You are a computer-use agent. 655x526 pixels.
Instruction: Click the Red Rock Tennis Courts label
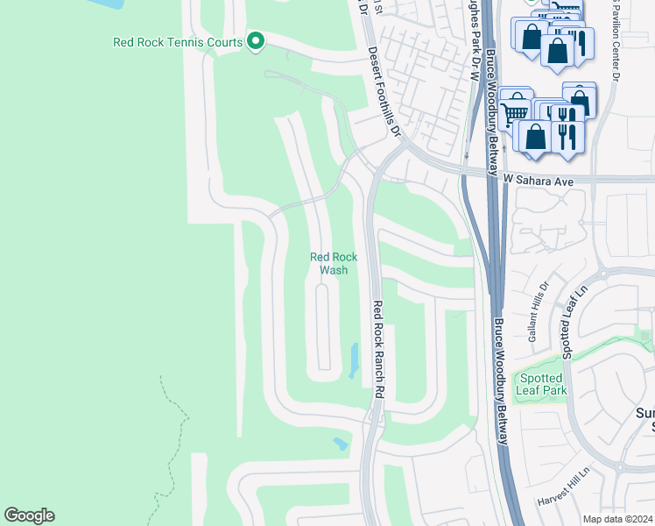179,41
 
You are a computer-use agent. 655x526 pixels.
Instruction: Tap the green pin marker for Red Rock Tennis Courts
256,41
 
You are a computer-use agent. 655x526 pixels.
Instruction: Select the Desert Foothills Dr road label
384,93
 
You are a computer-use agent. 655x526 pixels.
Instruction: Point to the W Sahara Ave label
538,181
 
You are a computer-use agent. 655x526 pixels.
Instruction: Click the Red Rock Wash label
334,263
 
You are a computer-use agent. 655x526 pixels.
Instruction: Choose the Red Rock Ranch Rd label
378,351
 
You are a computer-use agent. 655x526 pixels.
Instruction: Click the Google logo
29,515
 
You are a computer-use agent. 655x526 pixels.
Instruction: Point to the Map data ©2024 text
617,519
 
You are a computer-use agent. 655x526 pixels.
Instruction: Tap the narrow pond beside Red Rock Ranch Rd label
355,359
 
